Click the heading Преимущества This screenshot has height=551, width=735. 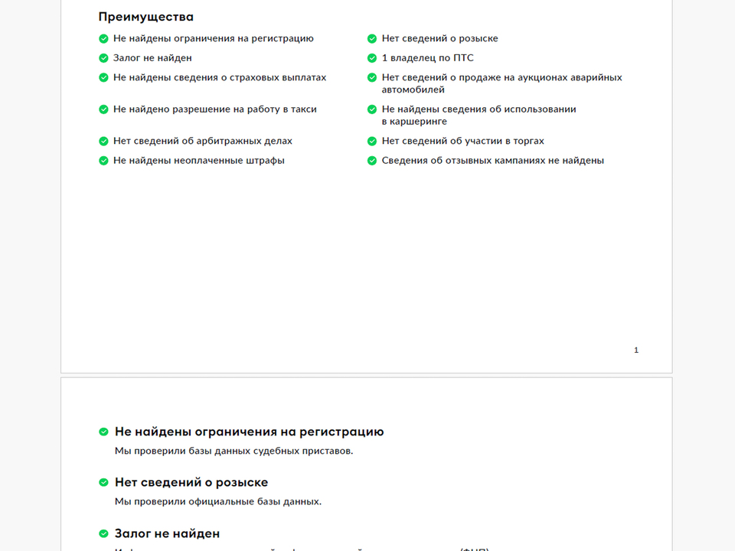(x=145, y=17)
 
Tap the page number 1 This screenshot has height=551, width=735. (x=636, y=350)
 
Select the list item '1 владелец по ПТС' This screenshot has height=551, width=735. (x=427, y=58)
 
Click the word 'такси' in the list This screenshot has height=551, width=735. (x=303, y=109)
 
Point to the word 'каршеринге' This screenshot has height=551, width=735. (x=414, y=122)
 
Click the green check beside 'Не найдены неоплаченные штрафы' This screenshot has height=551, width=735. (x=103, y=161)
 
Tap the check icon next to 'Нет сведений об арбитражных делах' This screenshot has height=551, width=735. (x=103, y=142)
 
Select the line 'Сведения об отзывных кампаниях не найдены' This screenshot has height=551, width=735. (x=492, y=161)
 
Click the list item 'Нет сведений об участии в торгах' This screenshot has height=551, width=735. (x=462, y=142)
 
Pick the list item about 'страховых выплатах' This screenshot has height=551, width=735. (x=220, y=78)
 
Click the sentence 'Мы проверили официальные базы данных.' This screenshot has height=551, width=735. (x=218, y=502)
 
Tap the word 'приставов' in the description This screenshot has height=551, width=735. (x=327, y=452)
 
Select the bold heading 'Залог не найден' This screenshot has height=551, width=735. (x=167, y=533)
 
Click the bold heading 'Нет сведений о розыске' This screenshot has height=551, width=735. (x=191, y=483)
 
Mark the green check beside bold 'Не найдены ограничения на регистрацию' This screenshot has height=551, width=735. (x=103, y=432)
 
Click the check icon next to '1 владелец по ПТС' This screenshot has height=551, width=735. (x=372, y=58)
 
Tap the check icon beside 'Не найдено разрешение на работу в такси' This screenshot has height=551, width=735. (x=103, y=109)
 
